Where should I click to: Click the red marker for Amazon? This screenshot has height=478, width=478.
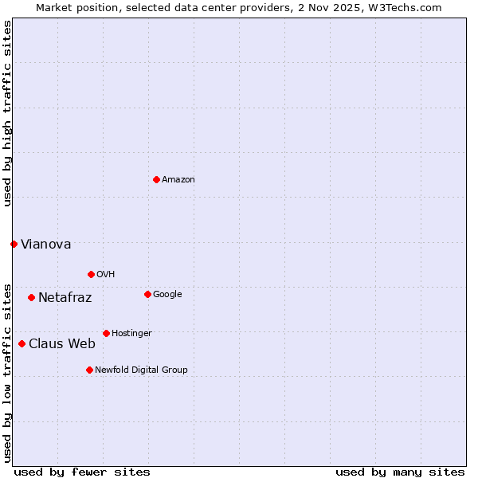tap(156, 179)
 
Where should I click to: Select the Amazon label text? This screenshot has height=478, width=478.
tap(178, 180)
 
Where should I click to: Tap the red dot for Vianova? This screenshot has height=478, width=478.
tap(14, 244)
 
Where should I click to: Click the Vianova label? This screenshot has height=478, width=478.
tap(45, 245)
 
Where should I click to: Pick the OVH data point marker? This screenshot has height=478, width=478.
tap(91, 274)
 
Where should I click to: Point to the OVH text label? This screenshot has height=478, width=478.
tap(106, 275)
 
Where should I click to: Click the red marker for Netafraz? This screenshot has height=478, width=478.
tap(31, 297)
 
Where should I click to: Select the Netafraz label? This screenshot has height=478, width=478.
tap(65, 298)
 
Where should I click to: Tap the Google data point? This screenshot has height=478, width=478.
tap(147, 294)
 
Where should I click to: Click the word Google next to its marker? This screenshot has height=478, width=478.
tap(167, 295)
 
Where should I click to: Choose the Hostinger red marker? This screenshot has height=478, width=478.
tap(106, 333)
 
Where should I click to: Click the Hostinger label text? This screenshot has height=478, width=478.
tap(131, 334)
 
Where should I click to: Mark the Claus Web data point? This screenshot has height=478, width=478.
tap(22, 343)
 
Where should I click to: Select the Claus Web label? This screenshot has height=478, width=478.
tap(62, 344)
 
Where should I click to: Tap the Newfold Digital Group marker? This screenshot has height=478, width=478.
tap(89, 370)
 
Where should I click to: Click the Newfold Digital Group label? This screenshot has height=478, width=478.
tap(141, 370)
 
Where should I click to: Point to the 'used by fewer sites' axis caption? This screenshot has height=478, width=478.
tap(82, 472)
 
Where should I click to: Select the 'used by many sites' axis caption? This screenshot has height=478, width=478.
tap(400, 472)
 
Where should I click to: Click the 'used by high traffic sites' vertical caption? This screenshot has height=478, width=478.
tap(7, 113)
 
